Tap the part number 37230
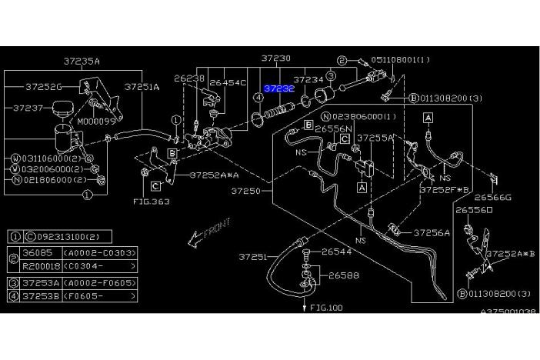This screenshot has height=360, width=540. (275, 58)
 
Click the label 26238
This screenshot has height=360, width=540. (188, 78)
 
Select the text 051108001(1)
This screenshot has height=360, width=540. (401, 59)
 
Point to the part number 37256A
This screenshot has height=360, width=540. (431, 232)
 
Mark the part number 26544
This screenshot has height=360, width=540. (335, 251)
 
